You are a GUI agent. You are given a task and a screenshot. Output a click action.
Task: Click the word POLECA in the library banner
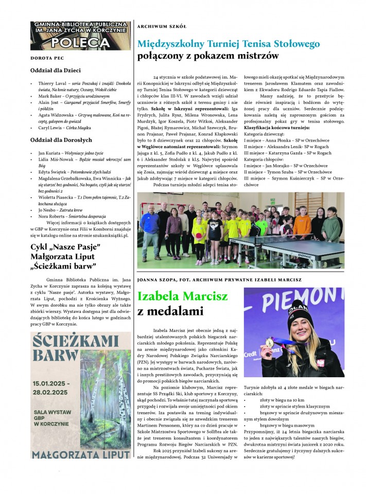(80, 42)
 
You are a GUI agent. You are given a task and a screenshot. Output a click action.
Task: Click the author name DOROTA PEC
(46, 58)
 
